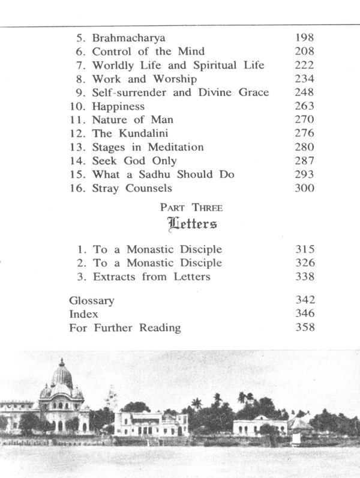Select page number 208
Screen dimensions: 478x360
tap(305, 52)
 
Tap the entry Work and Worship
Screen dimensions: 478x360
tap(145, 79)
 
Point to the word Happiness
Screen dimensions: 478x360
tap(118, 106)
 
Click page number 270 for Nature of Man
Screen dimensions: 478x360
tap(305, 119)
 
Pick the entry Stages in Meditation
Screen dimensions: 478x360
tap(148, 147)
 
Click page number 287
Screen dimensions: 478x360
tap(305, 161)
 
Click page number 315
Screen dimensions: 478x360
tap(305, 249)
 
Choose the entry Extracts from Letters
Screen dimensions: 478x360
tap(152, 277)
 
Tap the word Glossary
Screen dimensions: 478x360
tap(92, 300)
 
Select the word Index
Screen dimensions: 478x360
tap(84, 314)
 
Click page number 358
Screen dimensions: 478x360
tap(305, 328)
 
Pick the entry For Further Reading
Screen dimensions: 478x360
tap(125, 328)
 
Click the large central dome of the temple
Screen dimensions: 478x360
tap(62, 376)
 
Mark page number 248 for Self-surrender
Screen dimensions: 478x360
tap(305, 92)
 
